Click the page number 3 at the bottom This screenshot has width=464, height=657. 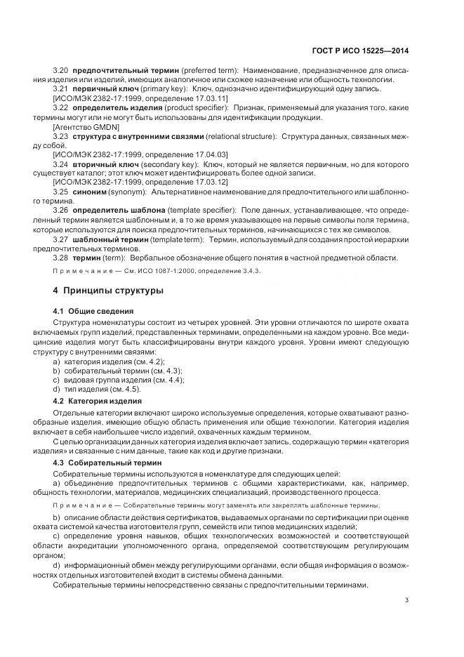(407, 600)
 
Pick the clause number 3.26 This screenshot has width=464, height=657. (60, 209)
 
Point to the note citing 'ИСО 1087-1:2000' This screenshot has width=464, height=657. (156, 271)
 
